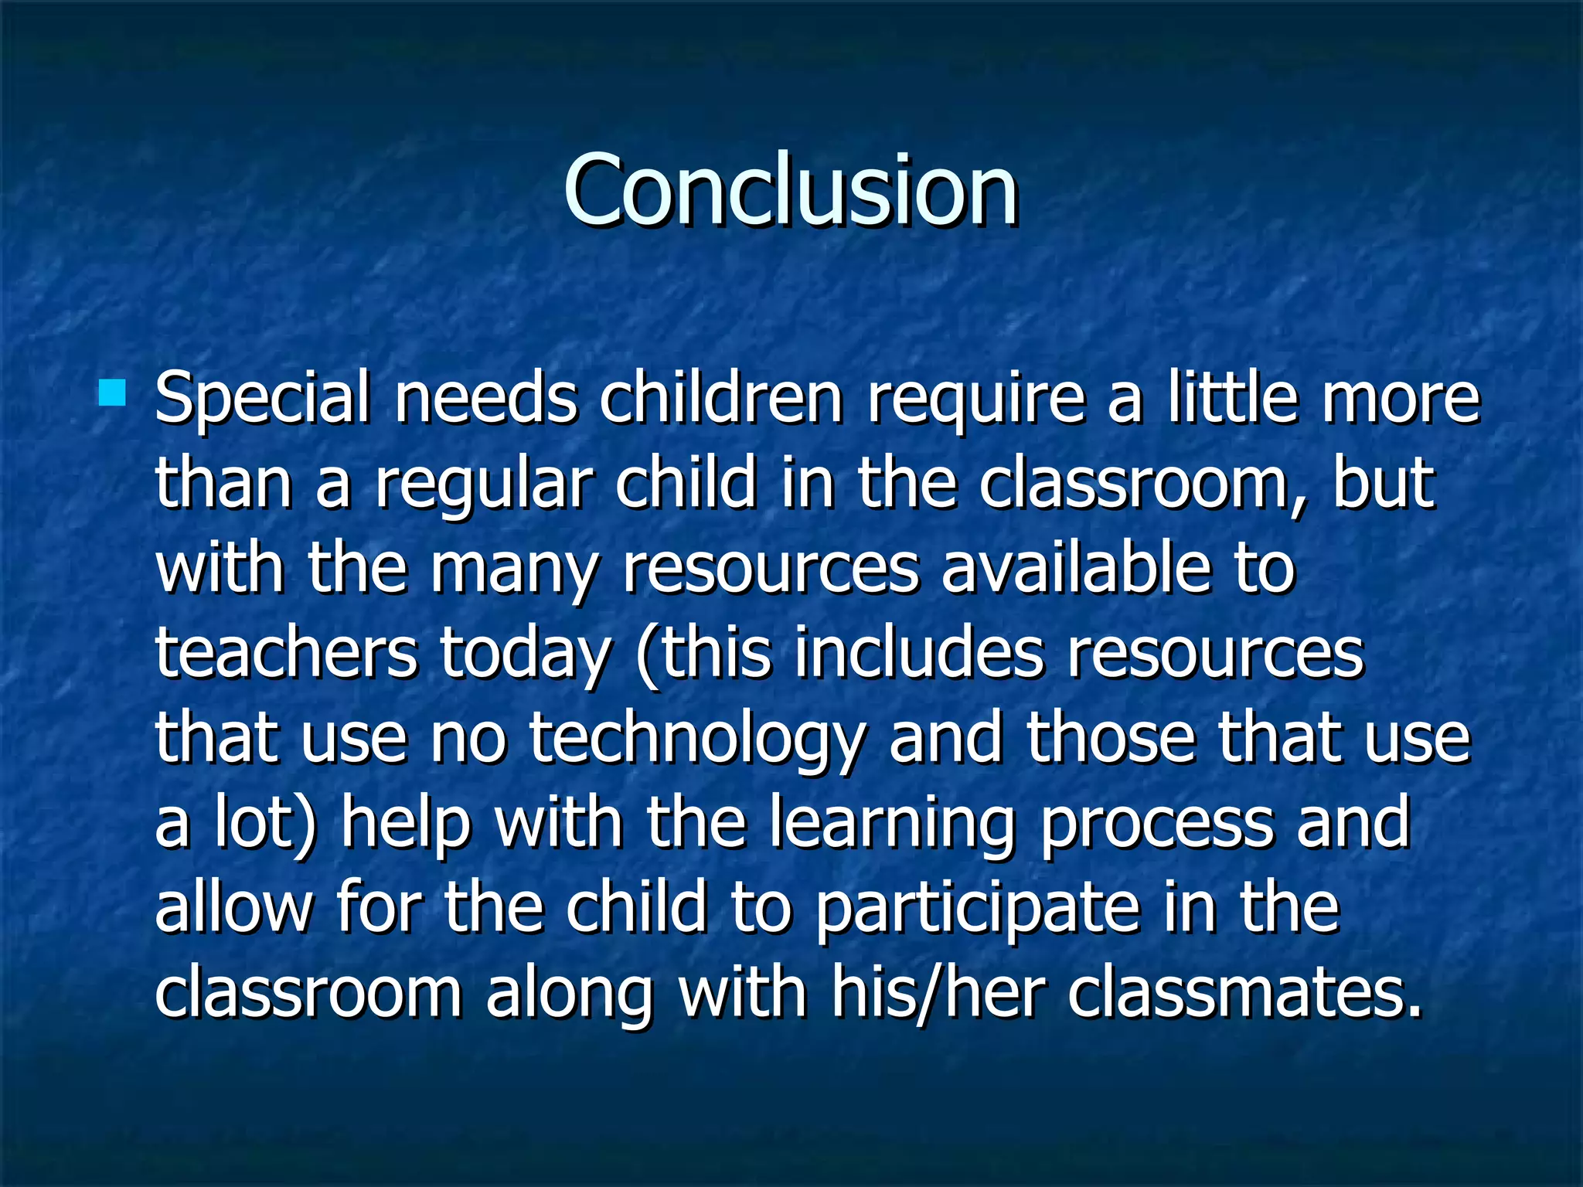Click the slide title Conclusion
790,191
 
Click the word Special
263,399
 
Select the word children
720,399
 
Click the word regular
484,485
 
